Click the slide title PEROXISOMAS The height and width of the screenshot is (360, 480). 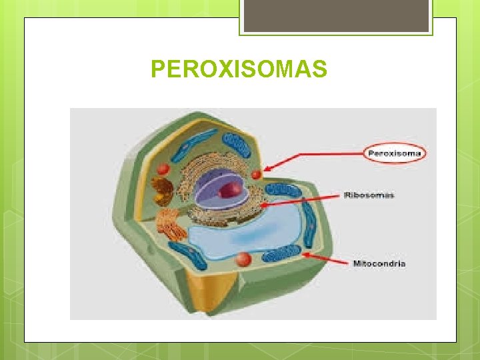pos(239,69)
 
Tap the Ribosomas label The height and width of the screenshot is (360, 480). pos(369,195)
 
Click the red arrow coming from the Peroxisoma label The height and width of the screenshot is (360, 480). pos(313,160)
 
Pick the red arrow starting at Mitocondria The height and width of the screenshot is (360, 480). pos(327,259)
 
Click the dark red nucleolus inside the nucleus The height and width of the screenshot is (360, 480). pos(233,189)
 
